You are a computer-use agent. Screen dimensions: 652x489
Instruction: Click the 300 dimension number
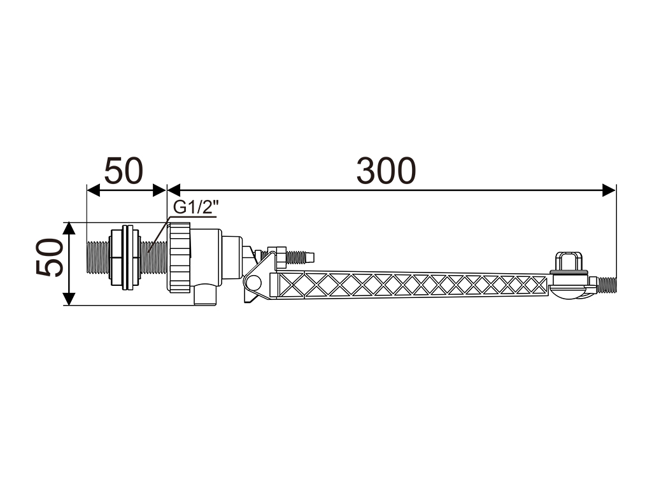click(x=386, y=171)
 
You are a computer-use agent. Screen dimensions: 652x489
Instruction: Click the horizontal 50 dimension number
click(x=124, y=171)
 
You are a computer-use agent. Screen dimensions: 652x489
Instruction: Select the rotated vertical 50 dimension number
click(x=50, y=257)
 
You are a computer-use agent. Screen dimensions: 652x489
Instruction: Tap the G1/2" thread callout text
click(x=196, y=207)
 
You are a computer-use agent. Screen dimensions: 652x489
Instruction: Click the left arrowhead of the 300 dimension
click(x=174, y=190)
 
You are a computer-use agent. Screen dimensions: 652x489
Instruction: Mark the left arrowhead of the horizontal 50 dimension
click(x=93, y=190)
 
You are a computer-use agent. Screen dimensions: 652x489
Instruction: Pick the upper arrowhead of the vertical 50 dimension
click(x=69, y=229)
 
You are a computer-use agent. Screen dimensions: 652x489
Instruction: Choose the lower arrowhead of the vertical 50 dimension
click(x=69, y=299)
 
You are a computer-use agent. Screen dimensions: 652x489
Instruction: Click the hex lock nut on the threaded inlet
click(x=125, y=258)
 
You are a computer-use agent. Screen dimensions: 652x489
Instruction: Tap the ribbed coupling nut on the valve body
click(x=179, y=257)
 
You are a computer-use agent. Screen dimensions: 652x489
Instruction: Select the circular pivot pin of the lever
click(x=252, y=283)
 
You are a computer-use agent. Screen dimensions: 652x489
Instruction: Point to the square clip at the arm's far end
click(x=569, y=260)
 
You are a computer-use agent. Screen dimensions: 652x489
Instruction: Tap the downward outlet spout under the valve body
click(x=205, y=295)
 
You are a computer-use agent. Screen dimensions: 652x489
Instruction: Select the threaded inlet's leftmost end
click(x=87, y=258)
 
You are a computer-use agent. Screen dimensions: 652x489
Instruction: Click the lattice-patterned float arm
click(x=413, y=285)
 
